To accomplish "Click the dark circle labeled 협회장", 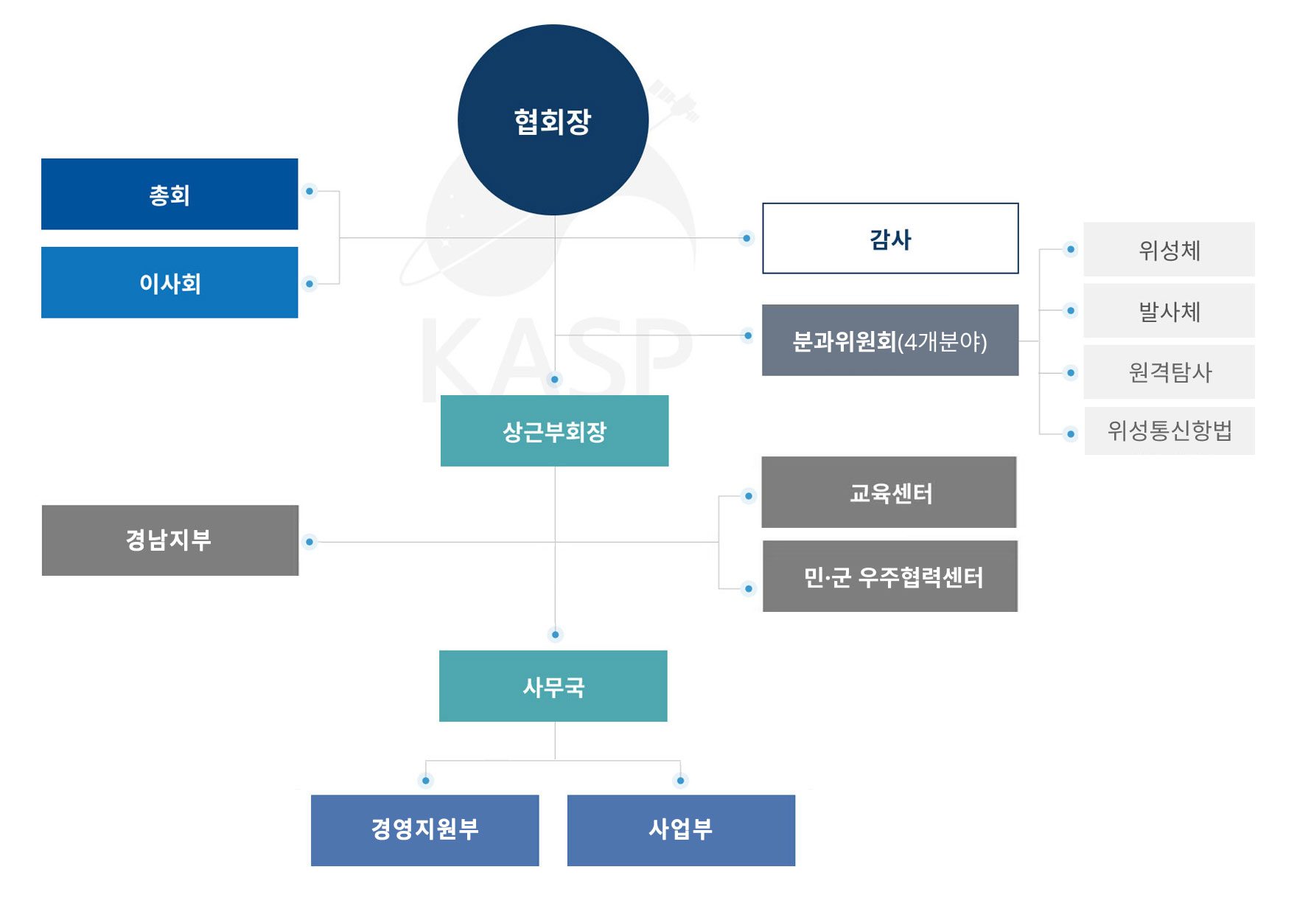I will pos(553,120).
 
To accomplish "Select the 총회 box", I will pos(169,194).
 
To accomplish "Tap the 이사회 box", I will pos(169,282).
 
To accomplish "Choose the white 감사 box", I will pos(890,238).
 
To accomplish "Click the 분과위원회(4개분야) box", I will pos(890,341).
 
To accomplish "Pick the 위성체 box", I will pos(1169,250).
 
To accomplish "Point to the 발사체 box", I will pos(1169,311).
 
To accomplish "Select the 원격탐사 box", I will pos(1169,372).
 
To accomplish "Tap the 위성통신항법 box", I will pos(1169,431).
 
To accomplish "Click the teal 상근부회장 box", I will pos(554,431).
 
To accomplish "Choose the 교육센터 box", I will pos(889,492).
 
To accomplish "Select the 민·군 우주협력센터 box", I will pos(890,577).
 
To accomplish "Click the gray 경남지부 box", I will pos(169,540).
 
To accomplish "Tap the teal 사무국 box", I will pos(553,686).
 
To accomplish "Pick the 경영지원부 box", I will pos(424,830).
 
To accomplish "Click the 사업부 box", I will pos(681,830).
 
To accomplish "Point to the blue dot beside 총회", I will pos(310,192).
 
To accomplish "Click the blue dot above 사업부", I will pos(680,781).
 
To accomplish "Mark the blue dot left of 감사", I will pos(747,238).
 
